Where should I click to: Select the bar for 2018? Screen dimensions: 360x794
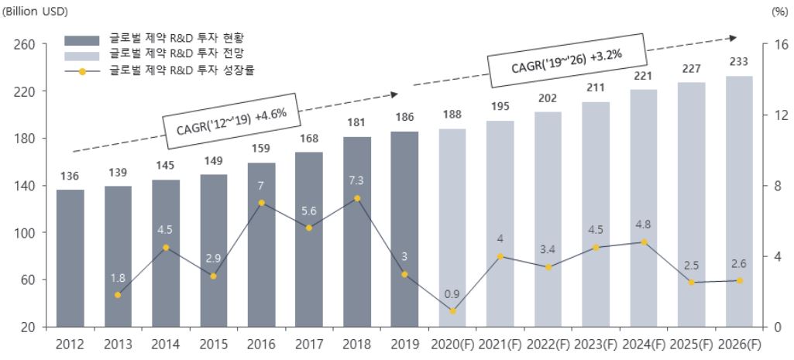point(356,231)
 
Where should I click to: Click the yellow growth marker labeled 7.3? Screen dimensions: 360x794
point(356,198)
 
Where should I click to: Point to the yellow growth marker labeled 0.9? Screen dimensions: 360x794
point(452,310)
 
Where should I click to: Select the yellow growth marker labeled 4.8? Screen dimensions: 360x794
point(644,242)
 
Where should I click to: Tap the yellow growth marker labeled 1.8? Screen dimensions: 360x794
point(118,295)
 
